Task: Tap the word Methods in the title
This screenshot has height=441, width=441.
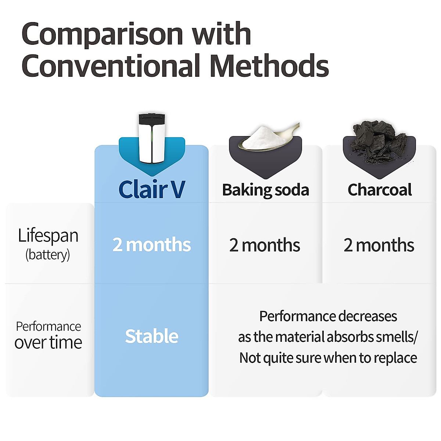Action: coord(269,67)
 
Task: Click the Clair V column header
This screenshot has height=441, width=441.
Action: coord(151,190)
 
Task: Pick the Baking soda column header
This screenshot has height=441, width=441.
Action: coord(265,190)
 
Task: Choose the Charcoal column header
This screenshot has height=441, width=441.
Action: coord(380,190)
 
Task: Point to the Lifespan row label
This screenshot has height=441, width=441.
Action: coord(48,236)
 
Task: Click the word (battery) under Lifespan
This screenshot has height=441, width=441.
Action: coord(47,255)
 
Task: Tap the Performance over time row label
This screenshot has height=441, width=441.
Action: coord(48,335)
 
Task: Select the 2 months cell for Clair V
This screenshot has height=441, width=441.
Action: coord(151,245)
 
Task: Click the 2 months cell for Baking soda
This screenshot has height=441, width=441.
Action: coord(265,245)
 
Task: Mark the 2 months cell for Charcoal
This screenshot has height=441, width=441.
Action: coord(379,245)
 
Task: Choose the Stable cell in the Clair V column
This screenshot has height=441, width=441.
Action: coord(151,336)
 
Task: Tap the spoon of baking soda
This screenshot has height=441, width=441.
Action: coord(266,138)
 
